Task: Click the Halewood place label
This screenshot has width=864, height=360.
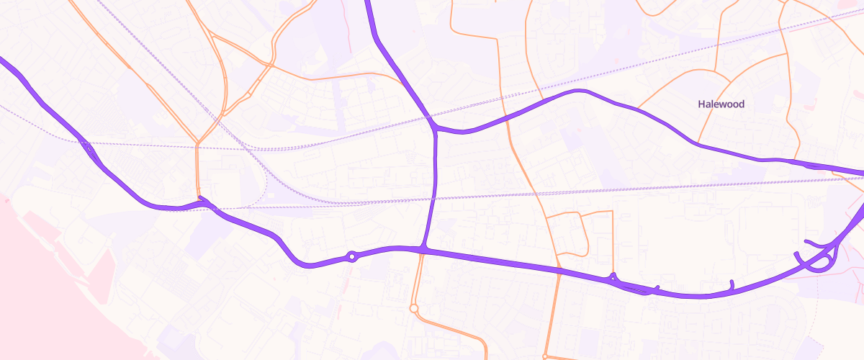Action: [721, 104]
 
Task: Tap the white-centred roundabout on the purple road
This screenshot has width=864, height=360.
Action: [352, 256]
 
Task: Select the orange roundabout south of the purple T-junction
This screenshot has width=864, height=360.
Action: [414, 308]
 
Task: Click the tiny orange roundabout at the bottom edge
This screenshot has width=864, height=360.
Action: [546, 356]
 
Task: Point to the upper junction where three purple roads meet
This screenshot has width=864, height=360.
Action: [436, 130]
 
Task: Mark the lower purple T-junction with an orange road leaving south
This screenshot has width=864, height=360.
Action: [424, 248]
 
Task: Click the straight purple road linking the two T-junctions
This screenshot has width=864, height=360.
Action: [434, 187]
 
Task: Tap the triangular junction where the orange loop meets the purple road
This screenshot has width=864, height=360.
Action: [613, 276]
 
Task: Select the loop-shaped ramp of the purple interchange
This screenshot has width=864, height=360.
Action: [817, 264]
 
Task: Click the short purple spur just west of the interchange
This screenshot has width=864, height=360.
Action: [732, 286]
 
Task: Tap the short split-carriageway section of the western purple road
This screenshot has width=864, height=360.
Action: [91, 150]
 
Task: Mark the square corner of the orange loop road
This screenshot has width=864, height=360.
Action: [612, 212]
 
